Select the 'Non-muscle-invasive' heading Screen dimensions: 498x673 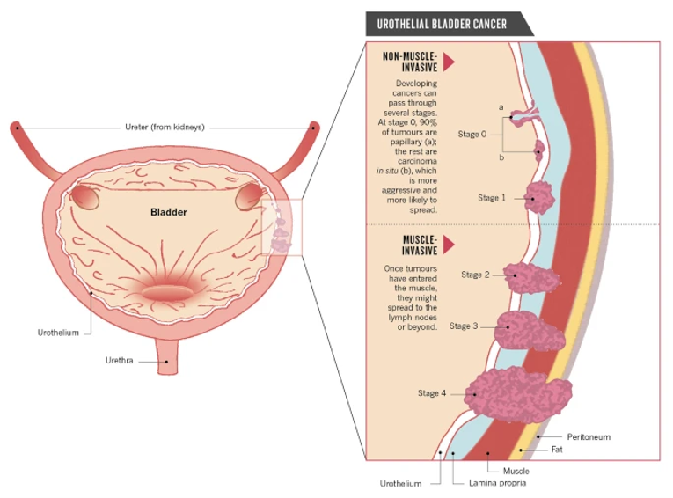point(409,62)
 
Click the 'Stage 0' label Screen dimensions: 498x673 point(472,135)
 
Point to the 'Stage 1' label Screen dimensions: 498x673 point(492,198)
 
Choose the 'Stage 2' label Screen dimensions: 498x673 point(475,275)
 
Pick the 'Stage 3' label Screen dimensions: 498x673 point(464,326)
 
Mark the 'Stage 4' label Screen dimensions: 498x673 point(432,392)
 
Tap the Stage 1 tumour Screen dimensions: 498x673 point(538,197)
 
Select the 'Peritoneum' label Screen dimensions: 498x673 point(589,436)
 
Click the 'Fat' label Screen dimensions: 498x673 point(557,449)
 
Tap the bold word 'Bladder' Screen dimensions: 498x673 point(168,212)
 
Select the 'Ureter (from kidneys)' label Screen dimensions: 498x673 point(164,128)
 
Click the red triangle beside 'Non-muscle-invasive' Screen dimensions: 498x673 point(449,62)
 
